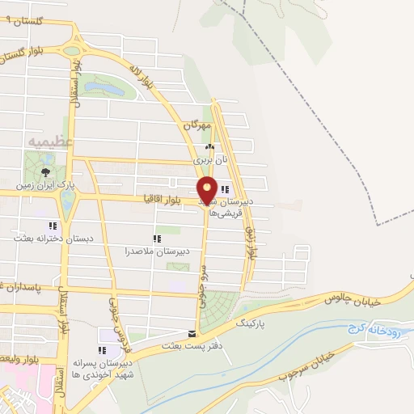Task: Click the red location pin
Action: tap(207, 189)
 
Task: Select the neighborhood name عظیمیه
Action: tap(51, 142)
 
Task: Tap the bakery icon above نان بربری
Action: tap(209, 148)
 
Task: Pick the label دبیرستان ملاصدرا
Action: tap(157, 251)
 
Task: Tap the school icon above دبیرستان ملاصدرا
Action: tap(157, 239)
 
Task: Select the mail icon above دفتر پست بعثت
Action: tap(191, 333)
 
